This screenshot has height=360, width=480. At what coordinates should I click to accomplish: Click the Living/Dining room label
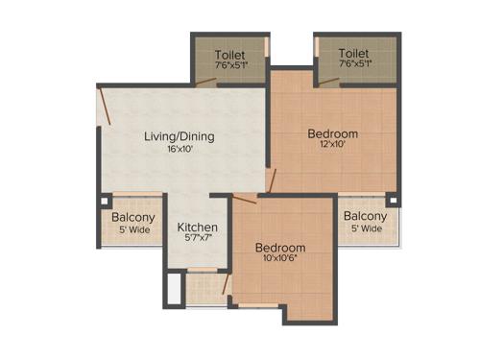pyautogui.click(x=180, y=136)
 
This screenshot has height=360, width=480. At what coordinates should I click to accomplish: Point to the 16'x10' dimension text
pyautogui.click(x=180, y=150)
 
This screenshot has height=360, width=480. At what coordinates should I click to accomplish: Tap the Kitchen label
pyautogui.click(x=198, y=228)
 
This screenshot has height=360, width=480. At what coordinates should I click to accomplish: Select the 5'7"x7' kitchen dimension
pyautogui.click(x=198, y=240)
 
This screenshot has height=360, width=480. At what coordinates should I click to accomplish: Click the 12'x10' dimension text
pyautogui.click(x=333, y=146)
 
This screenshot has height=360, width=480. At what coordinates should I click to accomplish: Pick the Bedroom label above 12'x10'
pyautogui.click(x=333, y=132)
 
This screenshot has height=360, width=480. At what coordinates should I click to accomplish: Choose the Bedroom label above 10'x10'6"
pyautogui.click(x=280, y=247)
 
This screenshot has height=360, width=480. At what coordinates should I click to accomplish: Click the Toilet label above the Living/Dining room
pyautogui.click(x=231, y=55)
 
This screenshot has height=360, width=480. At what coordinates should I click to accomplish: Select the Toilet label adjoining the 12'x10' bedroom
pyautogui.click(x=354, y=55)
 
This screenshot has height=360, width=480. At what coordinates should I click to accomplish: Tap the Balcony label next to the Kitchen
pyautogui.click(x=133, y=217)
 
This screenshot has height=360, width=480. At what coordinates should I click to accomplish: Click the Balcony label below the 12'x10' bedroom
pyautogui.click(x=365, y=216)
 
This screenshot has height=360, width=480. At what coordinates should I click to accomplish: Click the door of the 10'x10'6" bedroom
pyautogui.click(x=245, y=198)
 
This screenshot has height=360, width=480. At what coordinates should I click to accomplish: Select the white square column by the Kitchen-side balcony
pyautogui.click(x=104, y=202)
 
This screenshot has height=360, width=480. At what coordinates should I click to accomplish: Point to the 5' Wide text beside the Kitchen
pyautogui.click(x=133, y=229)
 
